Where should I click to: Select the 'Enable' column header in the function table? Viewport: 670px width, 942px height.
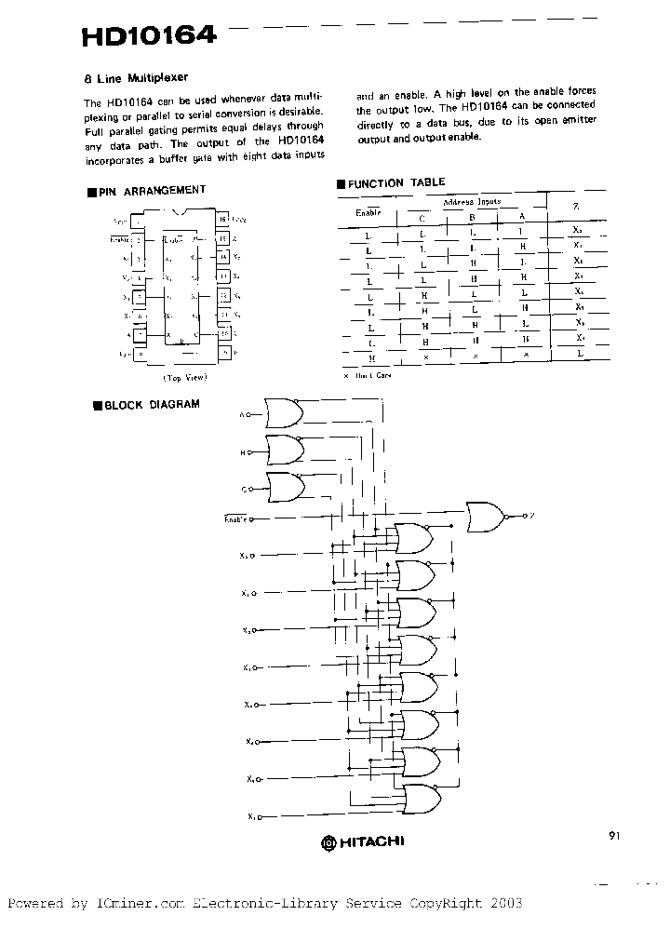click(x=369, y=212)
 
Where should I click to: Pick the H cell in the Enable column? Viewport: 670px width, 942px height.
click(x=371, y=357)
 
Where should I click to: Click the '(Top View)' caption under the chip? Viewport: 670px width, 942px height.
click(x=185, y=378)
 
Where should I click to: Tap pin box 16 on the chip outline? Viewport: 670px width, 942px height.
click(x=223, y=220)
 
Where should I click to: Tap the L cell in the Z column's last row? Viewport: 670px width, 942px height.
click(x=578, y=355)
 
